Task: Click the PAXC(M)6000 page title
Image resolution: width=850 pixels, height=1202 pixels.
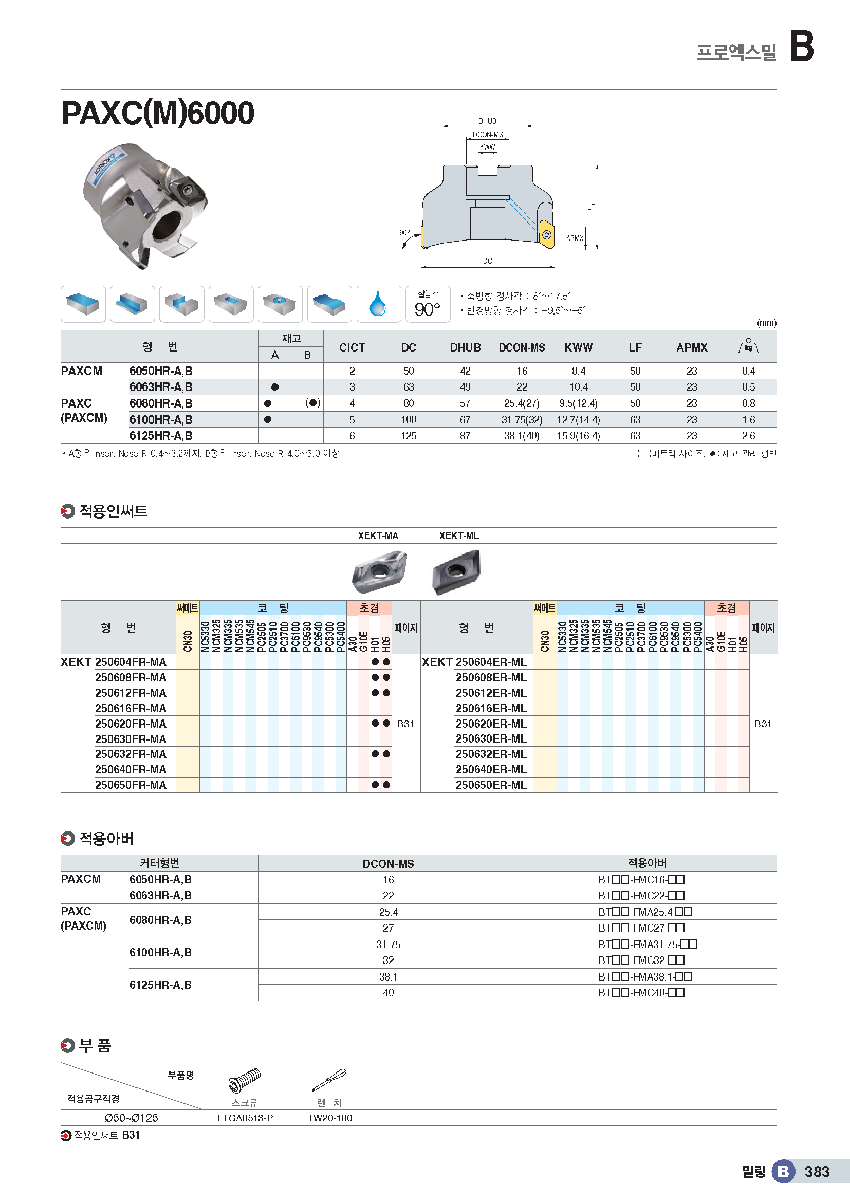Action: click(158, 113)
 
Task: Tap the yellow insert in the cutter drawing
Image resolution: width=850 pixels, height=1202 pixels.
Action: click(546, 234)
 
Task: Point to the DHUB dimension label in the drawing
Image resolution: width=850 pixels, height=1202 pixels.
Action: click(487, 121)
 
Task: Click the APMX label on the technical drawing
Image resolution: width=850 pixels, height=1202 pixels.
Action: click(574, 238)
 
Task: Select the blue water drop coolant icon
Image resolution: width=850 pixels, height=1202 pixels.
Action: click(378, 304)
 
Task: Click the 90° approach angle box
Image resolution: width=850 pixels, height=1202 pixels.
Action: click(428, 304)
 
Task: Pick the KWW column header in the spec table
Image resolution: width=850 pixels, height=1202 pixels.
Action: click(578, 347)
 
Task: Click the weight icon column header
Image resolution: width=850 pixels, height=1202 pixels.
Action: click(748, 346)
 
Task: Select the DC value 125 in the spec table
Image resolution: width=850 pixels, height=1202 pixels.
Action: click(408, 436)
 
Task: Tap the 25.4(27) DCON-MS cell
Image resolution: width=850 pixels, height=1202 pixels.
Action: click(521, 403)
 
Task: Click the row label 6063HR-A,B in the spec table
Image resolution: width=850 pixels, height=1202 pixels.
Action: click(161, 387)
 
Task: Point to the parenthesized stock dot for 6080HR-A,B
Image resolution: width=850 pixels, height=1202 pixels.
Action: click(312, 403)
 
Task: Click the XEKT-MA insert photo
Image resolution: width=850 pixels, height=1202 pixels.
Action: click(378, 571)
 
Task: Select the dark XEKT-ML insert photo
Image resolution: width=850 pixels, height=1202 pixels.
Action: click(456, 571)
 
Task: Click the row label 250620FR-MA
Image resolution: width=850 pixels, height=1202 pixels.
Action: click(131, 724)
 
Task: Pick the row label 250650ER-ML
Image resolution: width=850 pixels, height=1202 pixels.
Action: click(491, 785)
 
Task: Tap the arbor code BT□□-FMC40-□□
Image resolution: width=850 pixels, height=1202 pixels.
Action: click(641, 993)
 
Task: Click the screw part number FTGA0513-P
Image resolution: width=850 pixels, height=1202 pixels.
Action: click(245, 1118)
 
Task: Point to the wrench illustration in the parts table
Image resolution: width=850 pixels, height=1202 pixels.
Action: click(329, 1080)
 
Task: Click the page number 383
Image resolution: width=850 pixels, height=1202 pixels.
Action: click(817, 1172)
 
